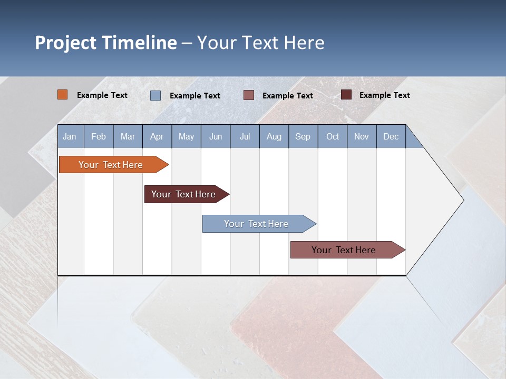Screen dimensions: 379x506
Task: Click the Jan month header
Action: pyautogui.click(x=70, y=137)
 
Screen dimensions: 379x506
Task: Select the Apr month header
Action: pyautogui.click(x=157, y=137)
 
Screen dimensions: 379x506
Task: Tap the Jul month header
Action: pyautogui.click(x=245, y=137)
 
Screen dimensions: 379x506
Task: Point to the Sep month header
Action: pyautogui.click(x=303, y=137)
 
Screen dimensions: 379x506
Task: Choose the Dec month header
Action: pyautogui.click(x=391, y=137)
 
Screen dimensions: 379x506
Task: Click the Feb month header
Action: pyautogui.click(x=99, y=137)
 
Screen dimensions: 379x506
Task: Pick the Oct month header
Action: pyautogui.click(x=333, y=137)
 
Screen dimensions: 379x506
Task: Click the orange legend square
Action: pyautogui.click(x=63, y=95)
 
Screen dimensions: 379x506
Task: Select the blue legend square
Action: pyautogui.click(x=155, y=95)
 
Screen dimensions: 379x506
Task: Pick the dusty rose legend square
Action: pyautogui.click(x=249, y=95)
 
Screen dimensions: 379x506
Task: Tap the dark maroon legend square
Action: pyautogui.click(x=346, y=95)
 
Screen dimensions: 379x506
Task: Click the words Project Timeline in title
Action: pyautogui.click(x=106, y=43)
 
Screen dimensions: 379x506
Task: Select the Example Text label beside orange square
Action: pyautogui.click(x=102, y=95)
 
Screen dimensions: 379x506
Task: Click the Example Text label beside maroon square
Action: pyautogui.click(x=385, y=95)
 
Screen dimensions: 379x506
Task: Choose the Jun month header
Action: pyautogui.click(x=216, y=137)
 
